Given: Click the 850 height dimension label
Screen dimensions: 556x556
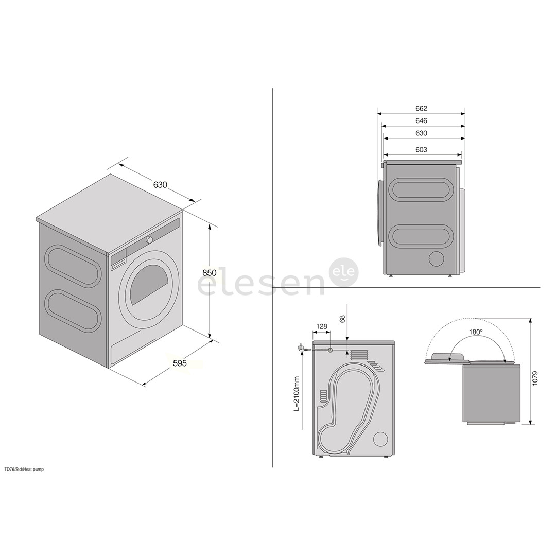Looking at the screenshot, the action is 209,273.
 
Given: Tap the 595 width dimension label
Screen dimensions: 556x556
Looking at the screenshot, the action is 180,363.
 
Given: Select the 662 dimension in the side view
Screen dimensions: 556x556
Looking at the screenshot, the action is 421,109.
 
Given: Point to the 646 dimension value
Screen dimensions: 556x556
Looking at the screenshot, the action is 421,121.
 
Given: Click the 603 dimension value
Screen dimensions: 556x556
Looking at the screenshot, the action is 421,150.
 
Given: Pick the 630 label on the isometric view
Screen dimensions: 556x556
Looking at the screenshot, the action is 160,185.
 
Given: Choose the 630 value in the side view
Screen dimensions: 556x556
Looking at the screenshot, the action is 421,133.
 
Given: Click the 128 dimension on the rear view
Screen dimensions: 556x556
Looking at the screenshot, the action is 322,326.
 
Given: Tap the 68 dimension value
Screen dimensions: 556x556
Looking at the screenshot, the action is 342,319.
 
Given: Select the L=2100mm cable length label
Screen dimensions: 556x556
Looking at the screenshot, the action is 297,393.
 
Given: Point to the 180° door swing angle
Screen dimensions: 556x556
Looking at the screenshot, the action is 476,332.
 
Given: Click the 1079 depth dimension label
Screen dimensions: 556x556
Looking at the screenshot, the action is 535,378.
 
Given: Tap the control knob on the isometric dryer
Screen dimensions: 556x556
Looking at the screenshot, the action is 149,240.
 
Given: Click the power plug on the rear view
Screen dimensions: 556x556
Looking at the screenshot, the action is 302,348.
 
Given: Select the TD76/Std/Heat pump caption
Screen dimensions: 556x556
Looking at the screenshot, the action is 24,469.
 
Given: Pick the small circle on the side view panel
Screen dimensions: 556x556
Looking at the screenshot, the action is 436,259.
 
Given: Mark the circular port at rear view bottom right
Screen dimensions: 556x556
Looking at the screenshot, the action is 381,440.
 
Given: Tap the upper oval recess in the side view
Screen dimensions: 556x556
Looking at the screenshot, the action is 422,193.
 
